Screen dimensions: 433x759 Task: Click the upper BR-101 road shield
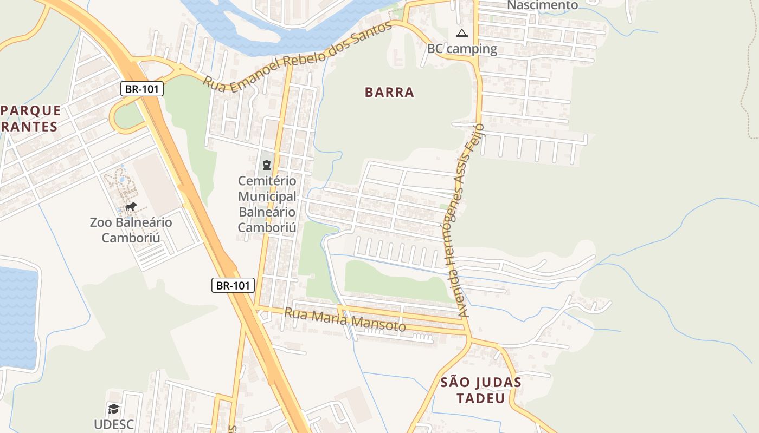(141, 89)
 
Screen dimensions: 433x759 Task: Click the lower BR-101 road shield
(233, 285)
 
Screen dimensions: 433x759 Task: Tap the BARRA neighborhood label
(389, 92)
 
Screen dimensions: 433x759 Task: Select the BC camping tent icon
(461, 34)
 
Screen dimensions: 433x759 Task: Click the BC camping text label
(462, 49)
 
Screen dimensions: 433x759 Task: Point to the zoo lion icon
(131, 206)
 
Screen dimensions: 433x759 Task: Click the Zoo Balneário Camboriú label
(131, 230)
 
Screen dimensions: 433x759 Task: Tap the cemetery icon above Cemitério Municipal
(266, 165)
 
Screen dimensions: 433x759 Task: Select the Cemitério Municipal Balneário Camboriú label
(267, 204)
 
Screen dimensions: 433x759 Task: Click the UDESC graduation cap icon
(113, 409)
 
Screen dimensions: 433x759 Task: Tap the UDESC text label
(113, 424)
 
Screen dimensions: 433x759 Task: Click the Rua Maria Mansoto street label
(345, 319)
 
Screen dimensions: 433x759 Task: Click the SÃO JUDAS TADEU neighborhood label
(480, 390)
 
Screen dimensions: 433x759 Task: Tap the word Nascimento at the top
(542, 5)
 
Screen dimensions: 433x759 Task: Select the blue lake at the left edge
(17, 314)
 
